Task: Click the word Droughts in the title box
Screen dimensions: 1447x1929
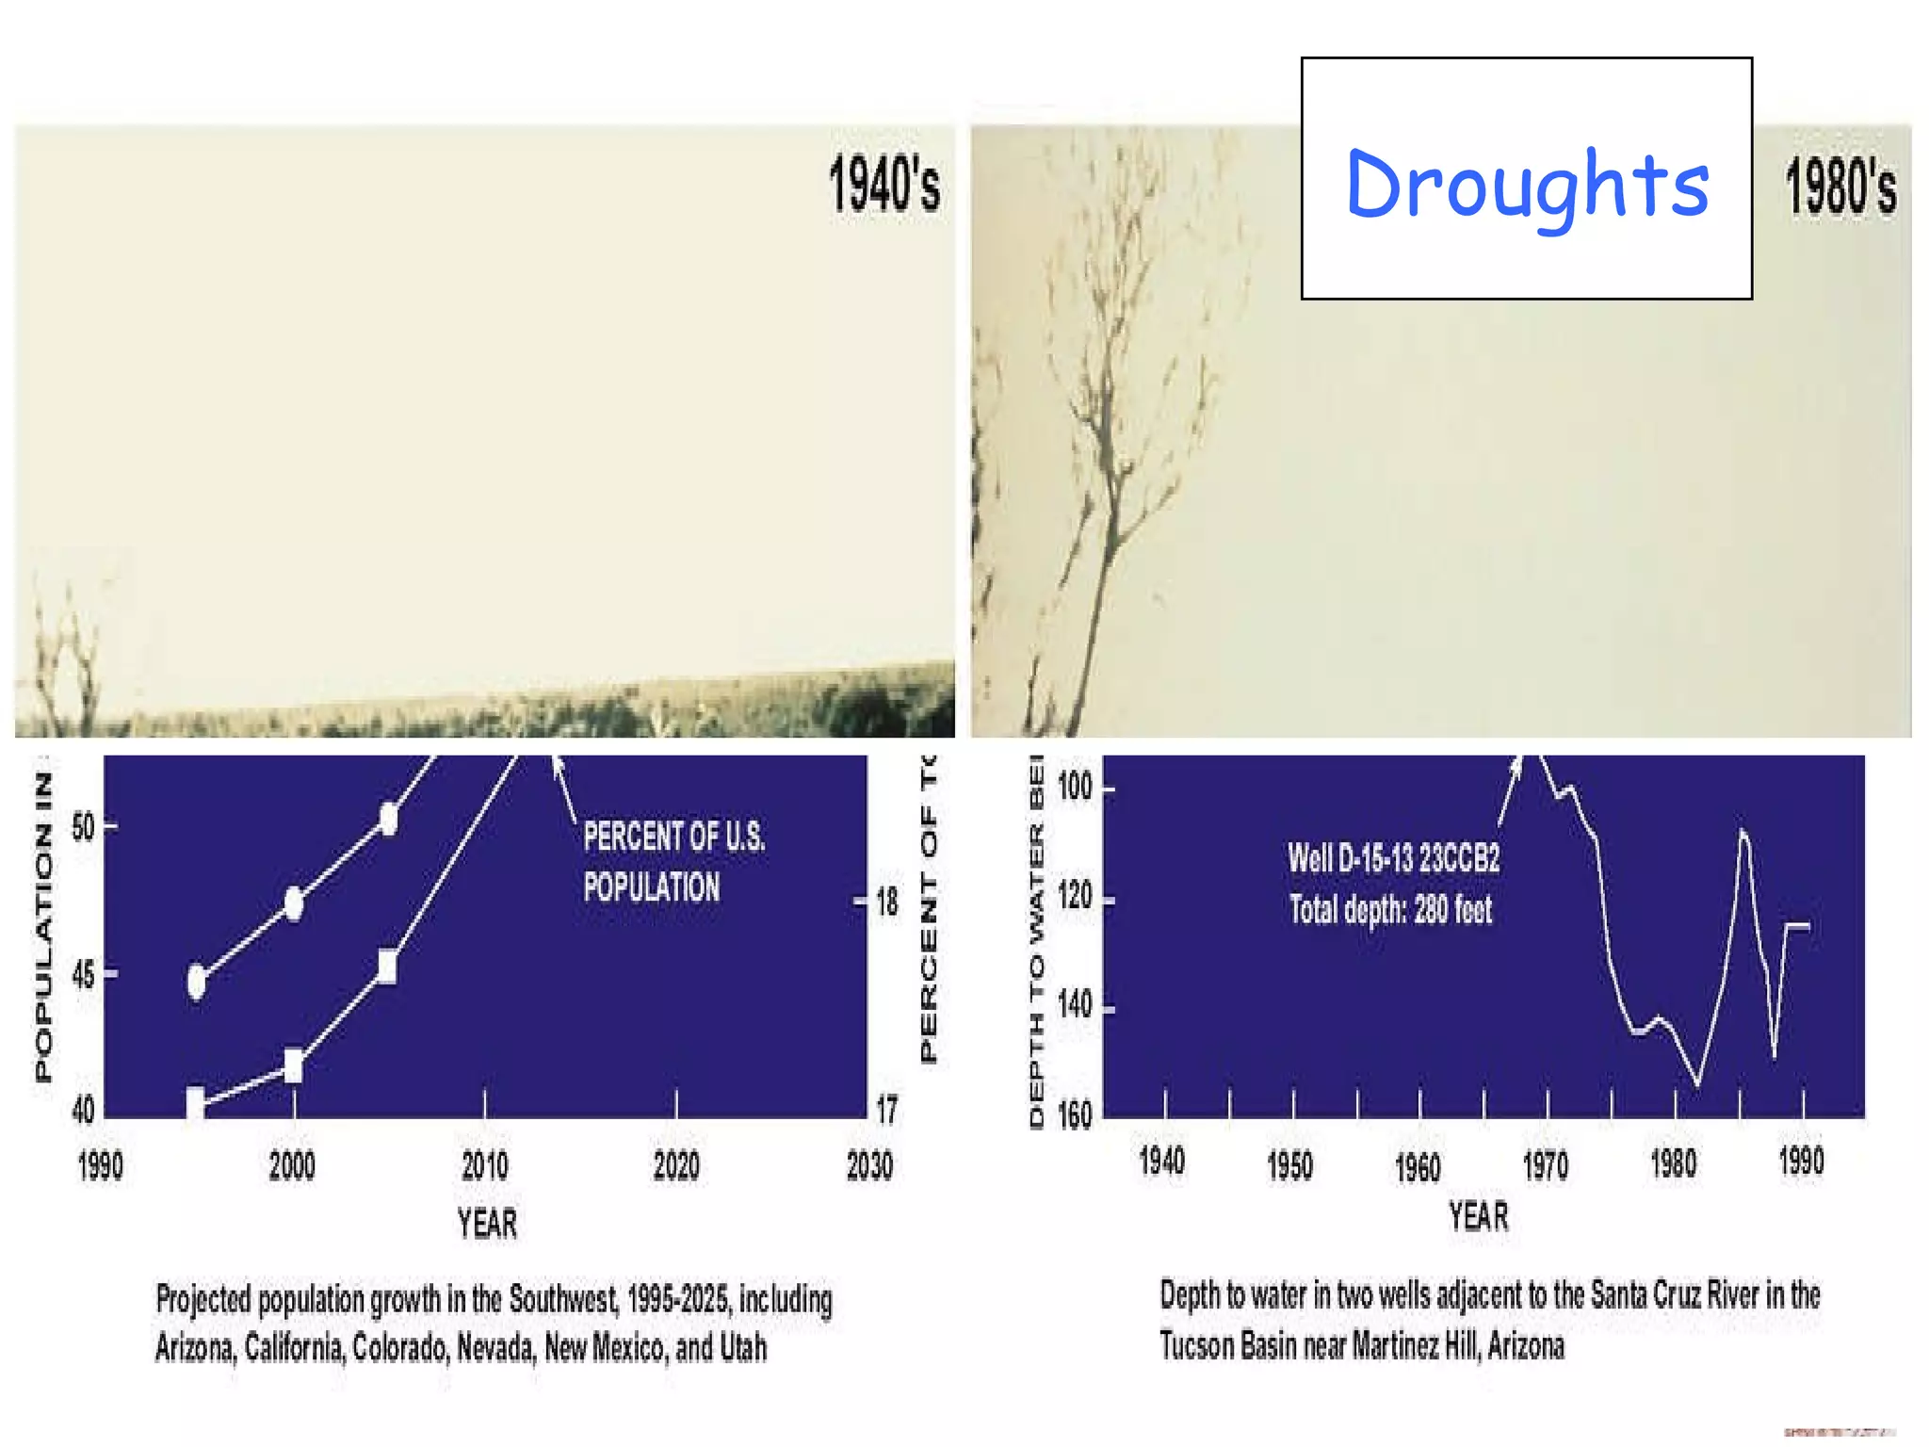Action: pos(1526,184)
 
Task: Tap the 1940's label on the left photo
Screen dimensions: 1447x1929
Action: pos(883,184)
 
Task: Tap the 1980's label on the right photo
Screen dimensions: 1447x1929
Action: pos(1840,186)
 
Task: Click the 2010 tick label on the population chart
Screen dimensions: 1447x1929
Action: pos(484,1166)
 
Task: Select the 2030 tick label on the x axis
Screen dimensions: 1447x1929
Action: pos(868,1166)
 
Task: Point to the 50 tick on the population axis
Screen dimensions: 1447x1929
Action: pos(84,827)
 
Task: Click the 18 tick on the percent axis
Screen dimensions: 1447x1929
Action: pos(887,902)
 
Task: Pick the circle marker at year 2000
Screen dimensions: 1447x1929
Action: pos(294,903)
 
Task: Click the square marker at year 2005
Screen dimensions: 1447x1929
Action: pos(386,967)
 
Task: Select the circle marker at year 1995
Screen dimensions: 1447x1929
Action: pos(197,982)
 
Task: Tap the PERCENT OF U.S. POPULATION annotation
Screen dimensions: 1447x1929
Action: pos(673,861)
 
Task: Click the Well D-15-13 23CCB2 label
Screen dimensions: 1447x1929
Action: pos(1393,858)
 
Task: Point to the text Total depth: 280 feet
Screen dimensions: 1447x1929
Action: pos(1390,910)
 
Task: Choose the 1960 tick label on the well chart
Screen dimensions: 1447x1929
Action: pos(1417,1167)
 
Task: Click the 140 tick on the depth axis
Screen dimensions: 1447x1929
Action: pos(1074,1006)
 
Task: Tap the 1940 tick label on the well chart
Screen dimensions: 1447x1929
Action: pos(1161,1162)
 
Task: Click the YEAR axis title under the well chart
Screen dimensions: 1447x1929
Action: pos(1478,1216)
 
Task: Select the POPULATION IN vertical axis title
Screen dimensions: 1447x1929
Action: pos(44,927)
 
